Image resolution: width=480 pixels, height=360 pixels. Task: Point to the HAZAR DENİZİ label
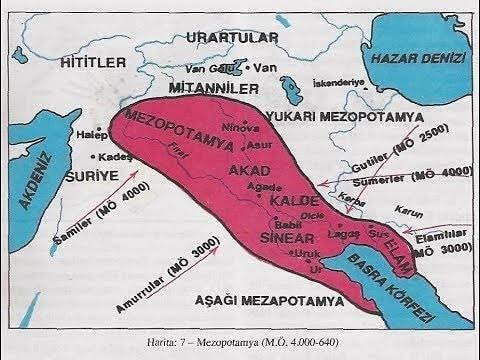click(412, 59)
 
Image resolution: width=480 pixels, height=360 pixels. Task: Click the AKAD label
click(250, 173)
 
